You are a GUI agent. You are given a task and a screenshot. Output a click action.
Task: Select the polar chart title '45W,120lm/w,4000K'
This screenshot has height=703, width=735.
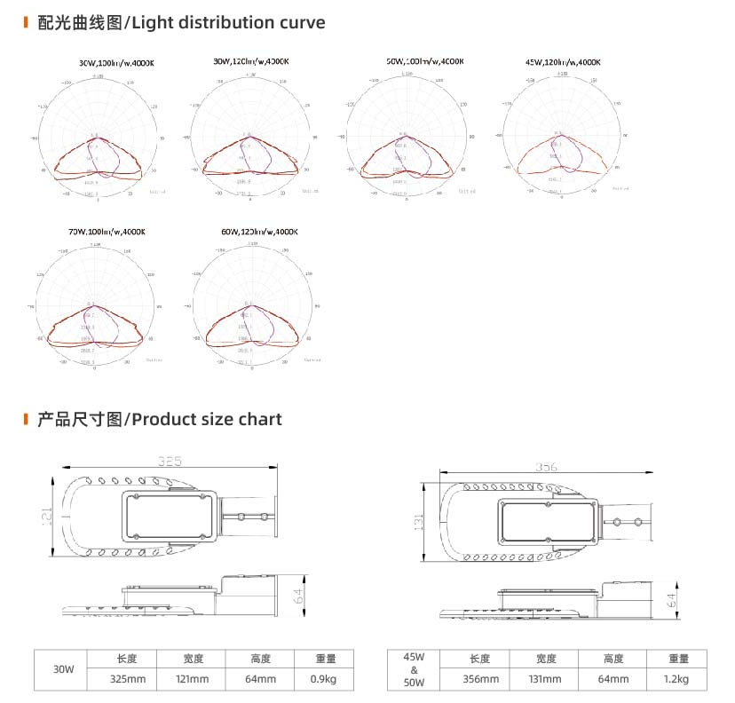tap(564, 62)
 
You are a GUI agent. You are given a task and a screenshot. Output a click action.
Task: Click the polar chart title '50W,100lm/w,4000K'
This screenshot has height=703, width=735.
tap(424, 61)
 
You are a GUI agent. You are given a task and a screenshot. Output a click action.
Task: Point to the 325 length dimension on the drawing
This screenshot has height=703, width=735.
tap(170, 461)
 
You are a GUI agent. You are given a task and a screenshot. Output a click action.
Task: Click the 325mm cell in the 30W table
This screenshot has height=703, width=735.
tap(122, 679)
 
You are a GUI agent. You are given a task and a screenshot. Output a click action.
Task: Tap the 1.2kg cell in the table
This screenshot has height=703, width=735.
tap(679, 679)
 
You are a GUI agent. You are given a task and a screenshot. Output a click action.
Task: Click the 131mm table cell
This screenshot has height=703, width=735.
tap(547, 679)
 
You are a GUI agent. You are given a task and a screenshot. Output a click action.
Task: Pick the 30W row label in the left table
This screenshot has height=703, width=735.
tap(62, 669)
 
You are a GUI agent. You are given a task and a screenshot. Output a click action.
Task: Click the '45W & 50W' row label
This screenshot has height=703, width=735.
tap(414, 669)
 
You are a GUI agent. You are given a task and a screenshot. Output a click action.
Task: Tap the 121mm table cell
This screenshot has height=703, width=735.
tap(191, 679)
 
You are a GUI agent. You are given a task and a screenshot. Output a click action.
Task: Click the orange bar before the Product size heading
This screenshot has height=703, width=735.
tap(25, 419)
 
